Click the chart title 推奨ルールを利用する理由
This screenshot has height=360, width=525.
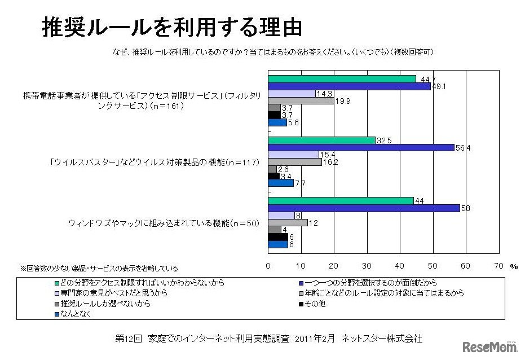pyautogui.click(x=172, y=27)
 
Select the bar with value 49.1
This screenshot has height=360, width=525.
pyautogui.click(x=349, y=86)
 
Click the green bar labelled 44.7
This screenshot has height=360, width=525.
pyautogui.click(x=342, y=79)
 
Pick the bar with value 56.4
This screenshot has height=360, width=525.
pyautogui.click(x=361, y=147)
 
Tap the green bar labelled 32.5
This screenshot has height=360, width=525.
pyautogui.click(x=321, y=140)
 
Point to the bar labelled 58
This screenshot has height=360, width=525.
pyautogui.click(x=364, y=208)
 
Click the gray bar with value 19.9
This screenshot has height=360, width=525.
pyautogui.click(x=301, y=101)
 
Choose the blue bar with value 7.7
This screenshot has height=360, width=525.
pyautogui.click(x=281, y=183)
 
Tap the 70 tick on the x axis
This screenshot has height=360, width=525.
pyautogui.click(x=498, y=265)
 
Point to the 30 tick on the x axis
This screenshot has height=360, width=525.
pyautogui.click(x=367, y=265)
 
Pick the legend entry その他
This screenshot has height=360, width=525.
pyautogui.click(x=316, y=304)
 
